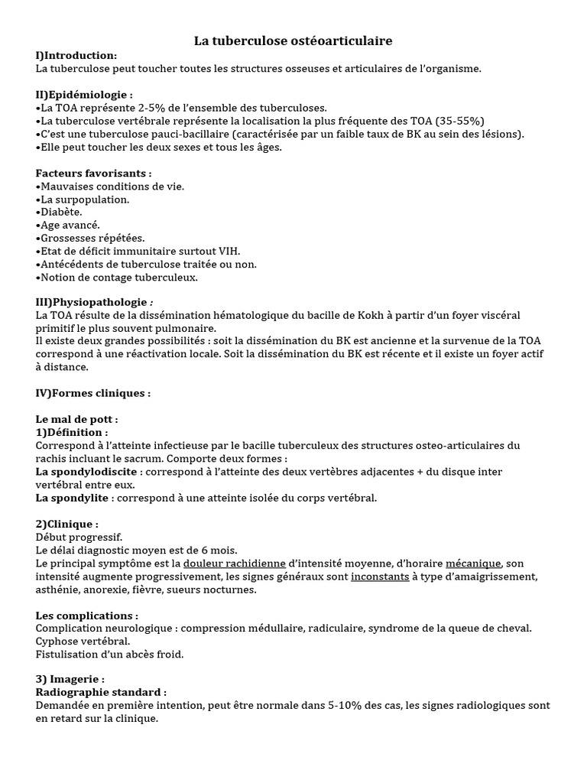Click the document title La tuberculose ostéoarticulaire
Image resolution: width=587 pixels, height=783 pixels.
tap(293, 41)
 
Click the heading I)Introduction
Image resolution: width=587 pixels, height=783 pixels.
tap(76, 56)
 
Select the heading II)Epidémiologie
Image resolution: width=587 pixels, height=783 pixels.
tap(84, 95)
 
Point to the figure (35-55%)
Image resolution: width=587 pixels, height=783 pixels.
tap(459, 121)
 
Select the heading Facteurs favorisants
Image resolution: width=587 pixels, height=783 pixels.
tap(93, 173)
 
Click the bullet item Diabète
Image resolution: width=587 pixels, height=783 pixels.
tap(61, 212)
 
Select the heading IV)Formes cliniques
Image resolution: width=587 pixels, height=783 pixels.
tap(93, 393)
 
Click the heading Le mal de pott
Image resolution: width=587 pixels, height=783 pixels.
tap(76, 419)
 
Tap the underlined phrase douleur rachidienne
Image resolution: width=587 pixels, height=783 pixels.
tap(235, 564)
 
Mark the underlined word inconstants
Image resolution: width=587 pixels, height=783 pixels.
tap(380, 577)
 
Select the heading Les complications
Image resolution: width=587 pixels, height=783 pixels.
tap(87, 616)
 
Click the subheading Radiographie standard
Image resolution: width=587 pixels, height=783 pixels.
tap(101, 692)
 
